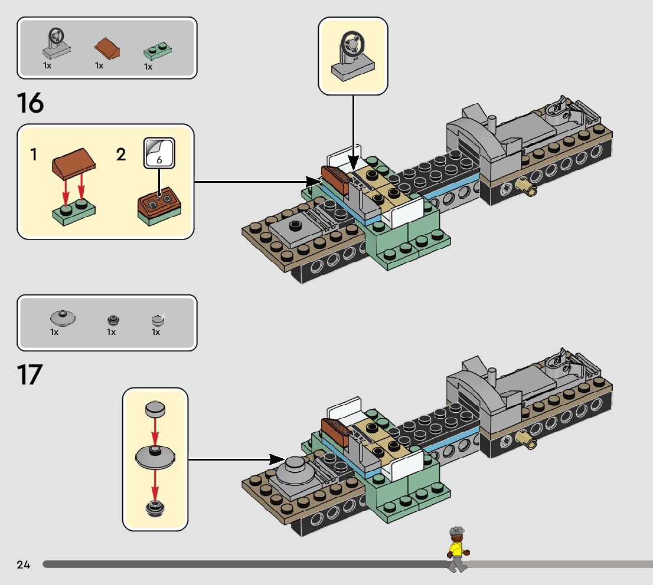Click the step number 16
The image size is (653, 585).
tap(31, 103)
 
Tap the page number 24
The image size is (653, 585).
tap(24, 565)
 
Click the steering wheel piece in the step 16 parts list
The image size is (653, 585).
tap(56, 44)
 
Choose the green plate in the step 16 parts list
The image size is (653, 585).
tap(158, 52)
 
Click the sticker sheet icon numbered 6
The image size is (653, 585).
tap(159, 153)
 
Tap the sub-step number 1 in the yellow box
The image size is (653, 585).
tap(34, 155)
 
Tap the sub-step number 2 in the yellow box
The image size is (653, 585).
tap(121, 155)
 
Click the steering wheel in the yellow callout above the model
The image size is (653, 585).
tap(353, 57)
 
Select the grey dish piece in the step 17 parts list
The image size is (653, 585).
tap(61, 318)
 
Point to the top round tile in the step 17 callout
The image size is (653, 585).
tap(155, 409)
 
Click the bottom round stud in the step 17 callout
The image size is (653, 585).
tap(155, 508)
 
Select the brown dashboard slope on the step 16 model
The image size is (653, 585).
tap(334, 179)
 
